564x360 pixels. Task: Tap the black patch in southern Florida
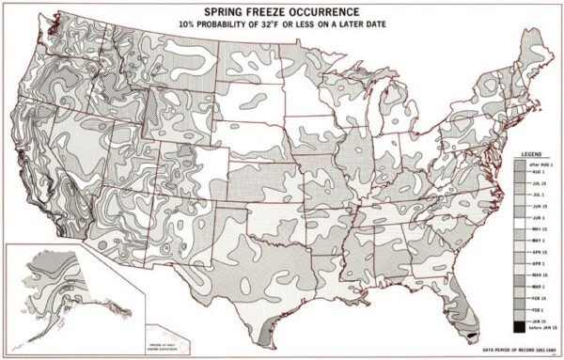(x=469, y=332)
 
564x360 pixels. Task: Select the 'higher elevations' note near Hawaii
(x=119, y=333)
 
